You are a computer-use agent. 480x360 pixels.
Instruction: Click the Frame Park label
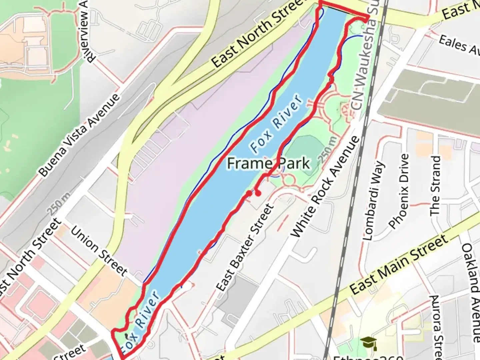point(268,164)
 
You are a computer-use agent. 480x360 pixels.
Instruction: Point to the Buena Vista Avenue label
point(79,135)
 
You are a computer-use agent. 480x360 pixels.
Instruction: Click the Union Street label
point(99,251)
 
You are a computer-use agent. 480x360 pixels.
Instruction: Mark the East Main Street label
point(399,265)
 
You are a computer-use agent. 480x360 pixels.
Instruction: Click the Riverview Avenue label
point(86,32)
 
